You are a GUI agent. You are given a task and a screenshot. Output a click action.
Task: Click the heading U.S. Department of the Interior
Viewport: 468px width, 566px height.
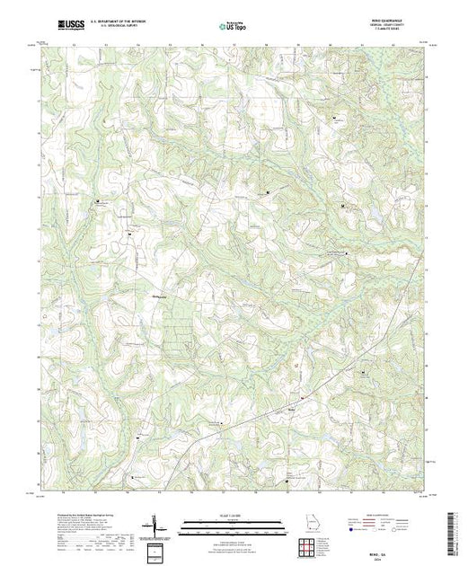[x=120, y=23]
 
